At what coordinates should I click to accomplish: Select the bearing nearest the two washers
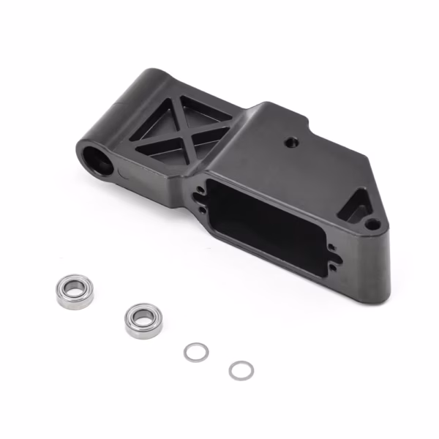tap(141, 320)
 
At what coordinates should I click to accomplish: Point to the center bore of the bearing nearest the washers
tap(141, 320)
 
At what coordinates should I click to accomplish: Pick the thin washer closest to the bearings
tap(195, 352)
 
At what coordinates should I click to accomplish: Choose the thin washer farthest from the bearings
tap(241, 370)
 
